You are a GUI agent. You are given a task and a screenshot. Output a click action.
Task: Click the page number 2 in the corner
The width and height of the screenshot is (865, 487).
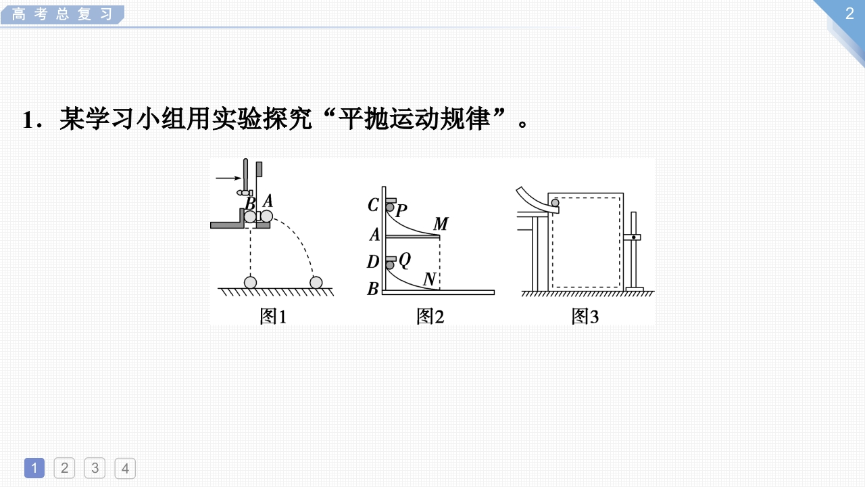pyautogui.click(x=849, y=14)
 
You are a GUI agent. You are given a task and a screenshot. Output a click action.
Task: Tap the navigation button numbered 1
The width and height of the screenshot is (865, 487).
pyautogui.click(x=34, y=468)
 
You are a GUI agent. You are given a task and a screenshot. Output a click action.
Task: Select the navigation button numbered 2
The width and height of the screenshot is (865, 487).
pyautogui.click(x=64, y=468)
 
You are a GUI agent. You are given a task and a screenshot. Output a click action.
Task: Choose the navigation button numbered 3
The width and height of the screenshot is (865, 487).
pyautogui.click(x=95, y=468)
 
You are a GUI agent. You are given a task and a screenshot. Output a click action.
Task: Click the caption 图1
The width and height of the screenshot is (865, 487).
pyautogui.click(x=273, y=316)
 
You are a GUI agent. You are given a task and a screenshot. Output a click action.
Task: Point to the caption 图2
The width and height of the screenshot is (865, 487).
pyautogui.click(x=430, y=316)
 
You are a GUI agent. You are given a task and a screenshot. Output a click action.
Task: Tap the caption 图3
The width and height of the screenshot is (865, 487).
pyautogui.click(x=585, y=316)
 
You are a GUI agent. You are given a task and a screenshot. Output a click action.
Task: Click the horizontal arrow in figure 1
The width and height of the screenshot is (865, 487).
pyautogui.click(x=228, y=178)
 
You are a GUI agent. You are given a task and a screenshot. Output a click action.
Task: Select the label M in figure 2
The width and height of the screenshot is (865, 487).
pyautogui.click(x=441, y=224)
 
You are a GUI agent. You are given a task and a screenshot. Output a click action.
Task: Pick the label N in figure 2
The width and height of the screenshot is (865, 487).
pyautogui.click(x=428, y=279)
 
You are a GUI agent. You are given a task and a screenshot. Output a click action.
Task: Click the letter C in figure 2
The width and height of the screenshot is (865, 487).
pyautogui.click(x=372, y=205)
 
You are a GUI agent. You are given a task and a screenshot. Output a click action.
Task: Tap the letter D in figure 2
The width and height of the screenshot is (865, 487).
pyautogui.click(x=373, y=261)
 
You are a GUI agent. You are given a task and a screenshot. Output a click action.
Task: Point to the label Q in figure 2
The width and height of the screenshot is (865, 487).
pyautogui.click(x=404, y=259)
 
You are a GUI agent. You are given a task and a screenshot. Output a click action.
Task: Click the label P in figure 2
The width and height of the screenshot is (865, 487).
pyautogui.click(x=401, y=211)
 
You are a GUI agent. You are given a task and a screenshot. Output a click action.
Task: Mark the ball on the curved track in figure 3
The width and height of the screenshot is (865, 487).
pyautogui.click(x=555, y=202)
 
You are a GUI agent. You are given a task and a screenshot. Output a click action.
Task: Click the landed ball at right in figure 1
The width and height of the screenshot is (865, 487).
pyautogui.click(x=315, y=282)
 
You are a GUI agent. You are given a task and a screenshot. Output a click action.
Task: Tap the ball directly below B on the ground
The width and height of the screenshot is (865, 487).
pyautogui.click(x=251, y=282)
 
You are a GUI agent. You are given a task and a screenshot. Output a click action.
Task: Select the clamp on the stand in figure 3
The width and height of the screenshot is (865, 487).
pyautogui.click(x=633, y=237)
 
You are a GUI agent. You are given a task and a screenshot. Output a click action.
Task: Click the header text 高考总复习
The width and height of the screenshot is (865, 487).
pyautogui.click(x=61, y=14)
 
